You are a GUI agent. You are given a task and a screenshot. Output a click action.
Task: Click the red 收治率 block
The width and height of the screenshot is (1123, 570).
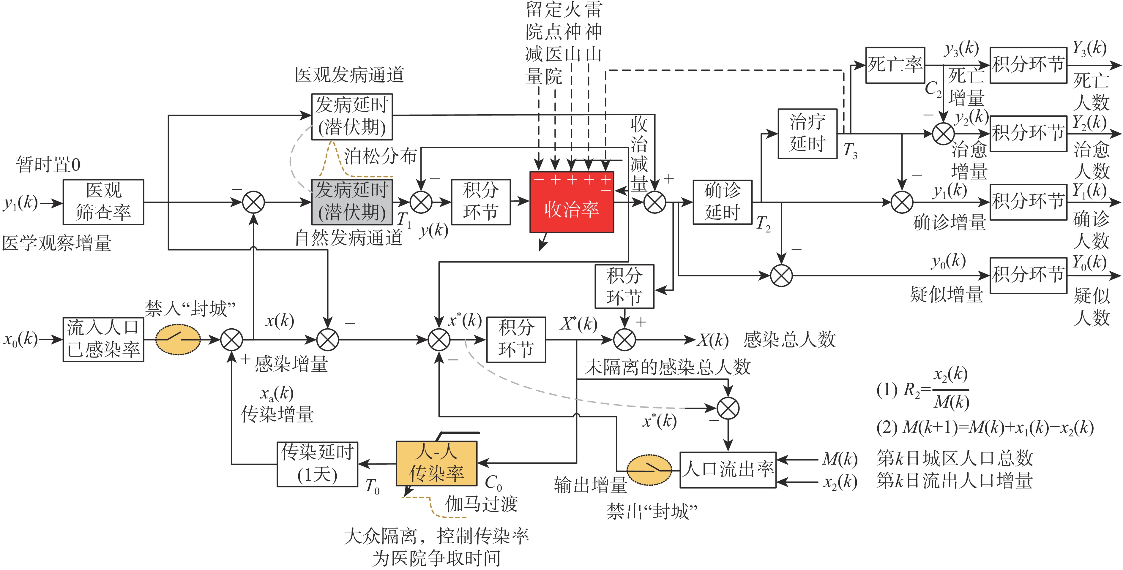click(x=572, y=202)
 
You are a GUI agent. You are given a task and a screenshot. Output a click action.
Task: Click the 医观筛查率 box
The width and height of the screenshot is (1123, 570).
click(x=103, y=202)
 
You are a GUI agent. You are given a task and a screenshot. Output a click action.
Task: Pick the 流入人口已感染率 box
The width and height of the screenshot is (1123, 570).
click(x=103, y=339)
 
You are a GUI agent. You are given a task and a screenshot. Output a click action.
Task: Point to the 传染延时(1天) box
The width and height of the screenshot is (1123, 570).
click(x=317, y=464)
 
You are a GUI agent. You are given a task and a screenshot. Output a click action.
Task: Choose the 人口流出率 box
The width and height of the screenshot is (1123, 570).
click(x=728, y=470)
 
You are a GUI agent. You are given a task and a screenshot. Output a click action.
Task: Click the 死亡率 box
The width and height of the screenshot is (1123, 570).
click(x=895, y=65)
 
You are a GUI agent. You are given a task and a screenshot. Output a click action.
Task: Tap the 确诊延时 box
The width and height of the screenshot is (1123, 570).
click(x=722, y=202)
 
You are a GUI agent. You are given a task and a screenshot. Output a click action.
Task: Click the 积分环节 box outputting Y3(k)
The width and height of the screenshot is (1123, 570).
click(x=1028, y=65)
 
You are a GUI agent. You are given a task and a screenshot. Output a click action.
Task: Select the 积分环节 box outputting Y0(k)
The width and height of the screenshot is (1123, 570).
click(x=1028, y=275)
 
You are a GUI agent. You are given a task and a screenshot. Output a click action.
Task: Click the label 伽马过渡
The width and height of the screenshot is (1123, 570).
click(x=481, y=504)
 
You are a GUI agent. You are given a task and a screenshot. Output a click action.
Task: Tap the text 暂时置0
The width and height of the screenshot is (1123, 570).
click(x=48, y=165)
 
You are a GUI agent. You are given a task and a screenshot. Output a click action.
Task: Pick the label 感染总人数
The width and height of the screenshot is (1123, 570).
click(x=789, y=339)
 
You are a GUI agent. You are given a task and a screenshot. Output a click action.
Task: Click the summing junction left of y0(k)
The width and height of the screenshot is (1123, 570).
click(x=781, y=275)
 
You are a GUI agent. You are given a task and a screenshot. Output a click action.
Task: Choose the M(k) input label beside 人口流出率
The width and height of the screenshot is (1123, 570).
click(x=840, y=459)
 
